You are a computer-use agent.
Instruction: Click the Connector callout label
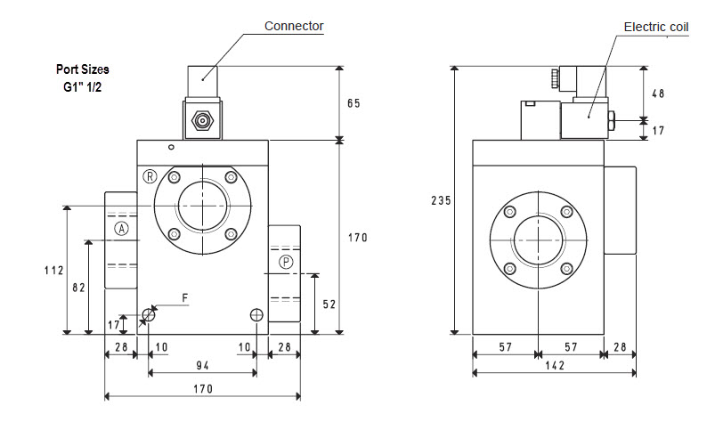[294, 26]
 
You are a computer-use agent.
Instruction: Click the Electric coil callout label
[655, 28]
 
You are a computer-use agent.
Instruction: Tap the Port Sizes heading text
[82, 69]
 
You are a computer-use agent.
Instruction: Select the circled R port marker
[150, 176]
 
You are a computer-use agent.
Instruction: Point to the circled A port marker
[122, 229]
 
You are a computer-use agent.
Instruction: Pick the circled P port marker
[285, 261]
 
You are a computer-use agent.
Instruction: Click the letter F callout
[184, 298]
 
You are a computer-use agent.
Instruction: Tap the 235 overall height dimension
[440, 200]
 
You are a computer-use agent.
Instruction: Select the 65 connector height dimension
[353, 104]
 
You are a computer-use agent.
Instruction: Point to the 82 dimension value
[77, 287]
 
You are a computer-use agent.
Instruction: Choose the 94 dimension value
[202, 364]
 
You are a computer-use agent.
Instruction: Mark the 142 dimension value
[554, 364]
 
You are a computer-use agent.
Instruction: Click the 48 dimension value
[657, 93]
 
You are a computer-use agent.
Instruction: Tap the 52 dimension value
[329, 304]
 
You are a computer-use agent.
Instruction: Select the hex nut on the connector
[201, 119]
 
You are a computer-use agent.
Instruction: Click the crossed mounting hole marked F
[149, 314]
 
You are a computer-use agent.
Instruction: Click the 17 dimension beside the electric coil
[658, 131]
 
